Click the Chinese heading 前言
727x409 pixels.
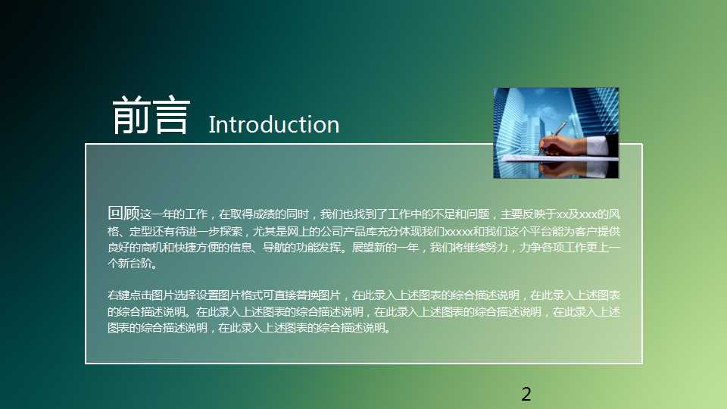pos(149,117)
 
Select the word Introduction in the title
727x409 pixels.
pos(273,125)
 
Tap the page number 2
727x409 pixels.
pos(526,394)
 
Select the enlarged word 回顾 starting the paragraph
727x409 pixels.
pos(123,214)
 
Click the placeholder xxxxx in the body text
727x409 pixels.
pos(458,231)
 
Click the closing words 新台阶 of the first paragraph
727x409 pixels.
pos(139,264)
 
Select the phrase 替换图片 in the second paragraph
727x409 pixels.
pos(323,295)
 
